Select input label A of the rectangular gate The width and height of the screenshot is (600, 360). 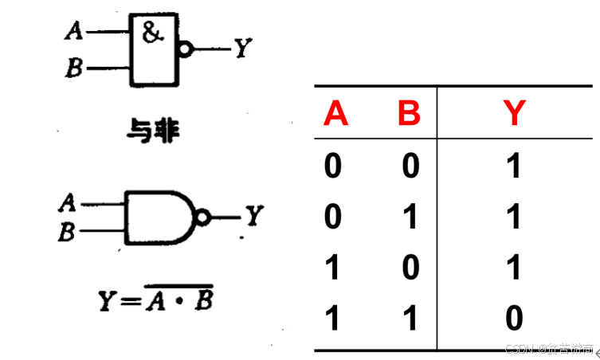pos(73,31)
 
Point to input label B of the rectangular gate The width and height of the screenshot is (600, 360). pos(74,69)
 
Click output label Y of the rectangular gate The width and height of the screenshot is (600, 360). pos(243,49)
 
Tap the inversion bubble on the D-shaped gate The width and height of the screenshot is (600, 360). pos(204,217)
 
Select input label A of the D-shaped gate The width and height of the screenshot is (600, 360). pos(68,203)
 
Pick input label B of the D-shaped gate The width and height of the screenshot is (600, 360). pos(68,233)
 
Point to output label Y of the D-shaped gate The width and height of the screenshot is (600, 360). pos(253,217)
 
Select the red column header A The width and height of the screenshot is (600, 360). pos(335,115)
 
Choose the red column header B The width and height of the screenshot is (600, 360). pos(409,115)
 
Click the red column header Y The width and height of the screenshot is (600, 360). pos(515,115)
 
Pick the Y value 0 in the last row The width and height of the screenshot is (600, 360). pos(515,319)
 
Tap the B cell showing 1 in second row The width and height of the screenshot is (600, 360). pos(410,217)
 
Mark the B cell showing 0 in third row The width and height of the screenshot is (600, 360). pos(410,268)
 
